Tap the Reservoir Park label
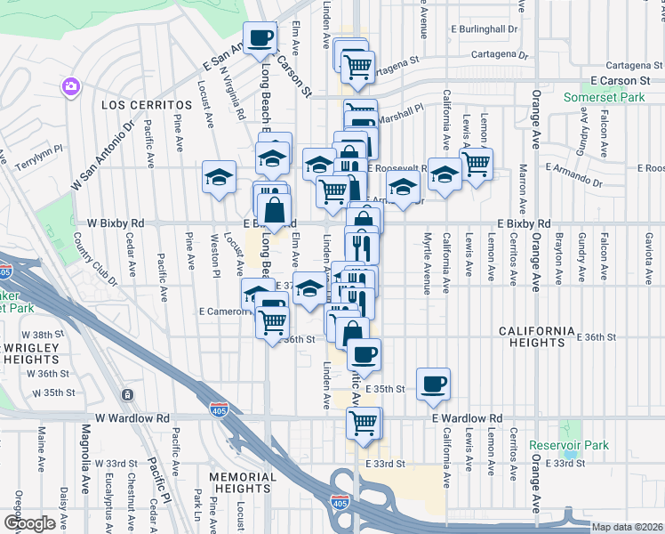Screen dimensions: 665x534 [x=568, y=445]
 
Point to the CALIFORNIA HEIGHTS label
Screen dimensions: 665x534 [x=537, y=336]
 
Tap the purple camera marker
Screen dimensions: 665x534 [x=69, y=86]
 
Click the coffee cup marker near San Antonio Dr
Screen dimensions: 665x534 [x=260, y=38]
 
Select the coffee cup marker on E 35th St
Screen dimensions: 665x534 [x=433, y=384]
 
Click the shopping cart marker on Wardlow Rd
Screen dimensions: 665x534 [x=363, y=424]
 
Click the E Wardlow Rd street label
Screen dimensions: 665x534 [x=467, y=417]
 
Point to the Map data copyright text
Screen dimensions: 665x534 [x=626, y=527]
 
